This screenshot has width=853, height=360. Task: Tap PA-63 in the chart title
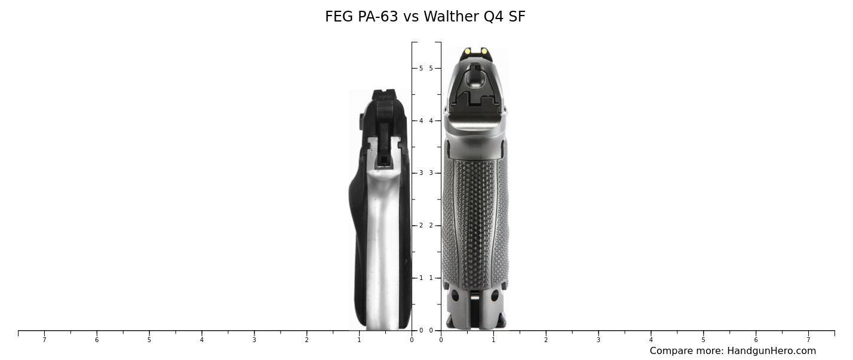pyautogui.click(x=378, y=17)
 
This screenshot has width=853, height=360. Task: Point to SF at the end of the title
pyautogui.click(x=517, y=17)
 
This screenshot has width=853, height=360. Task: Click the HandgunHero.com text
pyautogui.click(x=771, y=351)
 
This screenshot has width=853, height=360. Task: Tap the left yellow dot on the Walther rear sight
pyautogui.click(x=467, y=51)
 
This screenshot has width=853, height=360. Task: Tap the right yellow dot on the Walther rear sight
pyautogui.click(x=484, y=51)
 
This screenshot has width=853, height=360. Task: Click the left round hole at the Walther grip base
pyautogui.click(x=455, y=296)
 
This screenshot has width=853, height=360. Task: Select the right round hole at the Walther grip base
pyautogui.click(x=495, y=296)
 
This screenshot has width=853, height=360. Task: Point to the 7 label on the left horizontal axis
pyautogui.click(x=44, y=340)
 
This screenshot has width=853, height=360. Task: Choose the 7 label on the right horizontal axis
pyautogui.click(x=808, y=340)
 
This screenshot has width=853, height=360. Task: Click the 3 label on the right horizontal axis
pyautogui.click(x=598, y=340)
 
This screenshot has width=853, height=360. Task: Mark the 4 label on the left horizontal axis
pyautogui.click(x=201, y=340)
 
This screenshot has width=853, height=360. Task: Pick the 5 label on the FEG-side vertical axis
pyautogui.click(x=421, y=68)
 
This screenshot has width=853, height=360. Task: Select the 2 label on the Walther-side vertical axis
pyautogui.click(x=431, y=226)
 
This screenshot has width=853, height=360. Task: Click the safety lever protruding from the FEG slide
pyautogui.click(x=361, y=121)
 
